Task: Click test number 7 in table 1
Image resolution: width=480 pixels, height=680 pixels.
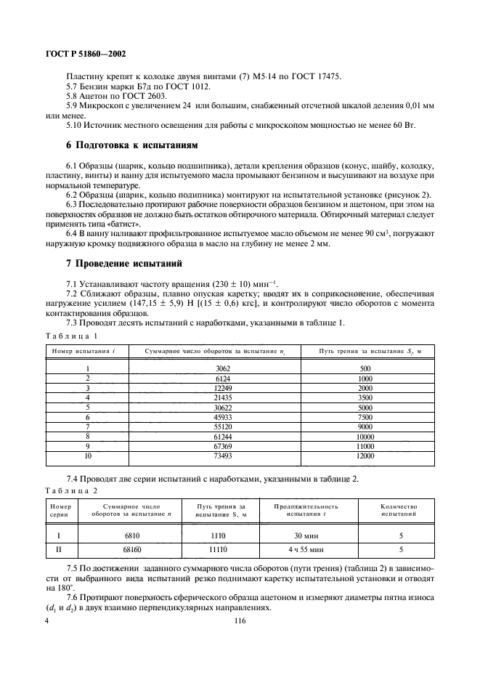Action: (x=87, y=426)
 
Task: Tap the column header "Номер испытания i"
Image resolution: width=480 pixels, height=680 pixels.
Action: (x=85, y=351)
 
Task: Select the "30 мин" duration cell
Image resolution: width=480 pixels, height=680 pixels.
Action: (x=305, y=536)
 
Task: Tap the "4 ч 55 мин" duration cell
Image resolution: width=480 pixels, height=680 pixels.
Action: (x=305, y=551)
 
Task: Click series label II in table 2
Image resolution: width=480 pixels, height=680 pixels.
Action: (x=59, y=551)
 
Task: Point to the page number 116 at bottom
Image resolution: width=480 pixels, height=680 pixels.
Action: (x=240, y=621)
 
